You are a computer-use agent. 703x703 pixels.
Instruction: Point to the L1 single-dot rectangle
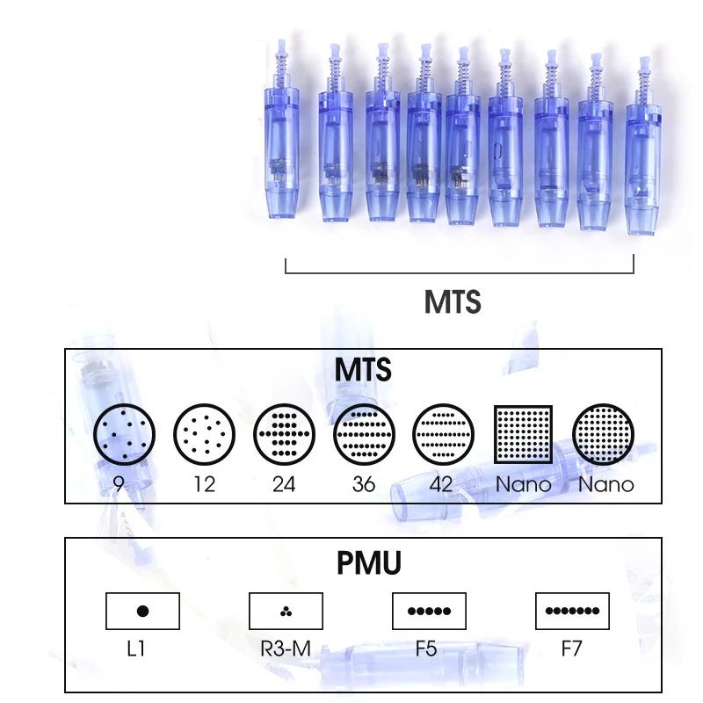[142, 611]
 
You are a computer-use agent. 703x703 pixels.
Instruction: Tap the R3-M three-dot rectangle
[286, 611]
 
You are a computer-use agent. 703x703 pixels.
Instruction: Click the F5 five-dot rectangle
[428, 611]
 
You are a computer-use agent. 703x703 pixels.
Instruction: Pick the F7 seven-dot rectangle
[572, 611]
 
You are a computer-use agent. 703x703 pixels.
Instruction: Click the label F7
[572, 651]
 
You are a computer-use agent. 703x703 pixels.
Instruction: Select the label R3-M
[286, 651]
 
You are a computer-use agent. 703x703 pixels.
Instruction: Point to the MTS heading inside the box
[362, 370]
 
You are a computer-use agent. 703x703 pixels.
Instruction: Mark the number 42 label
[444, 484]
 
